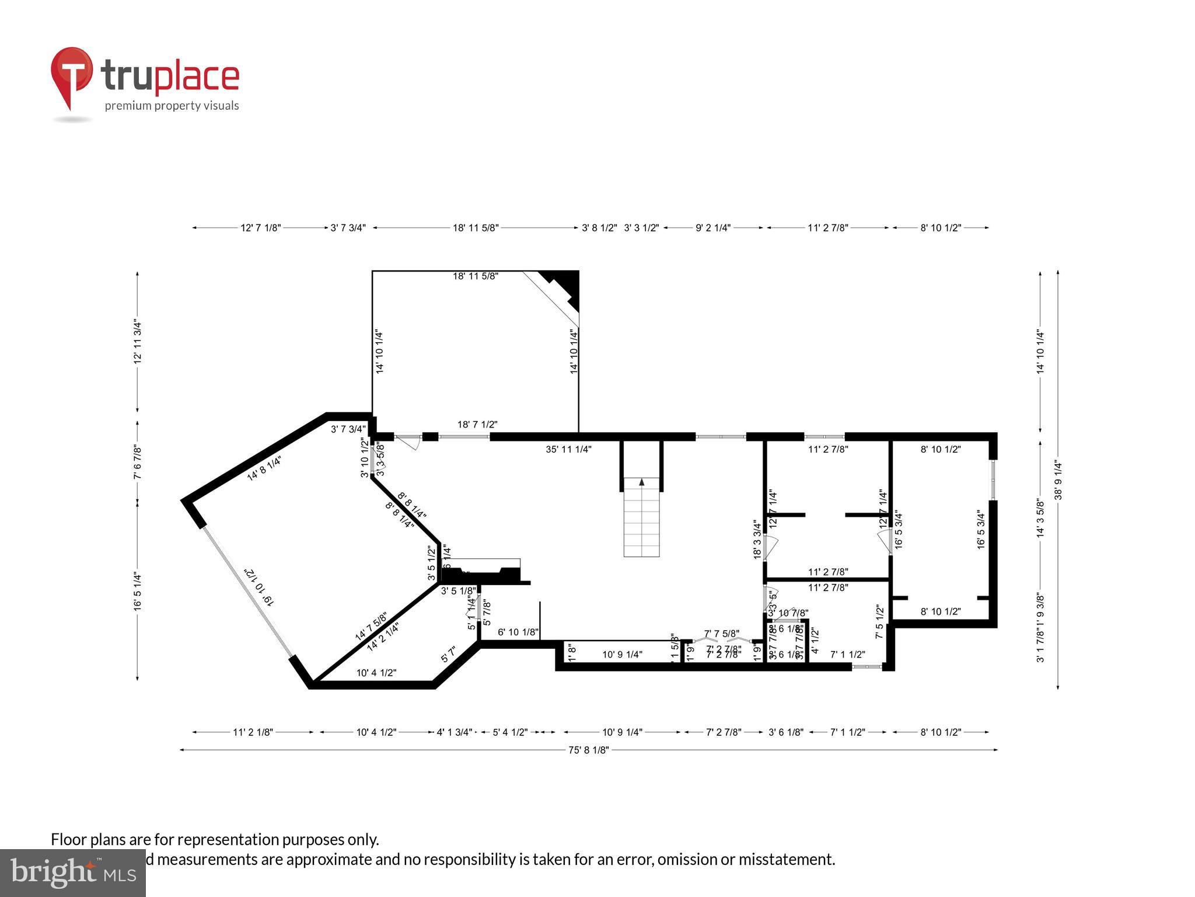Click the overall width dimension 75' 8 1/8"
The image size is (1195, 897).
coord(588,750)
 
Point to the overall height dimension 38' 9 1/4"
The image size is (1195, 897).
coord(1058,481)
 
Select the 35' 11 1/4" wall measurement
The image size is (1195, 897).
coord(568,450)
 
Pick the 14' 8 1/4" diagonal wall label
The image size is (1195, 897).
coord(264,468)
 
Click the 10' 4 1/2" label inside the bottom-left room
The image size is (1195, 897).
coord(376,673)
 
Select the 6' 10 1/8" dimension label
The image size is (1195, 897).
coord(518,632)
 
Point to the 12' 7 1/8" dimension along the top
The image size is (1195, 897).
coord(261,228)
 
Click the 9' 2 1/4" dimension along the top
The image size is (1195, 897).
coord(713,228)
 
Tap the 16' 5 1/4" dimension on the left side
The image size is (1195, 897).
coord(138,592)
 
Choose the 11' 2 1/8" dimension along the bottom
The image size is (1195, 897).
coord(253,732)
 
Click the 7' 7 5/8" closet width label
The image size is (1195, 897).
coord(722,634)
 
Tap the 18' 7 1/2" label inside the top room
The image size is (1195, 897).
coord(477,425)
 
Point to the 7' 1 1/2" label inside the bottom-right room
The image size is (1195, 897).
coord(847,655)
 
